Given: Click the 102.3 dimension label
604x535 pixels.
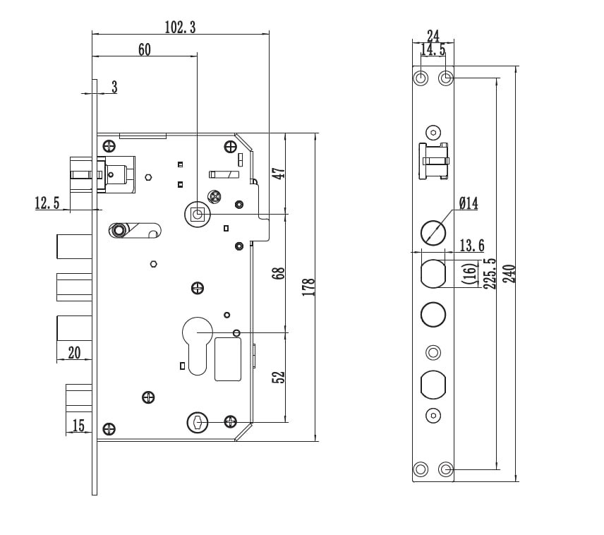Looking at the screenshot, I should (180, 28).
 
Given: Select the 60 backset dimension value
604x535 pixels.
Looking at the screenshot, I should (144, 49).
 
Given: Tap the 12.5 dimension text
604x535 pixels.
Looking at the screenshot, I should (47, 203).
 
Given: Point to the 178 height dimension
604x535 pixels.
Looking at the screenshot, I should (308, 286).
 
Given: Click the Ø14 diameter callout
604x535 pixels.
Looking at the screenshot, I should (468, 204).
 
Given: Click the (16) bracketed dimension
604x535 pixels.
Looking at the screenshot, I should (469, 273).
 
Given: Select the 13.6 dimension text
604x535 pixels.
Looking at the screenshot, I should (472, 246).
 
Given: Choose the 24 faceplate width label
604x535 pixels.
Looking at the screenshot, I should (433, 35).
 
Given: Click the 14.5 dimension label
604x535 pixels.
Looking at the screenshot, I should (433, 50).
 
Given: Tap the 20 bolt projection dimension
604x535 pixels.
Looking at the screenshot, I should (75, 353).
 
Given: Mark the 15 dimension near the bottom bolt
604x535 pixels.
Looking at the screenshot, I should (78, 425).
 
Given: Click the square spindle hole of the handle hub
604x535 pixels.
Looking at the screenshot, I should (198, 213).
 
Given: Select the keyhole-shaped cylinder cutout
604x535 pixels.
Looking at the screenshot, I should (197, 342).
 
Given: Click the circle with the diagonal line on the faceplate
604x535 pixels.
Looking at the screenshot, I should (433, 232).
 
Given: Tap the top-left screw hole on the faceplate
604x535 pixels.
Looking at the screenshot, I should (421, 78).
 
